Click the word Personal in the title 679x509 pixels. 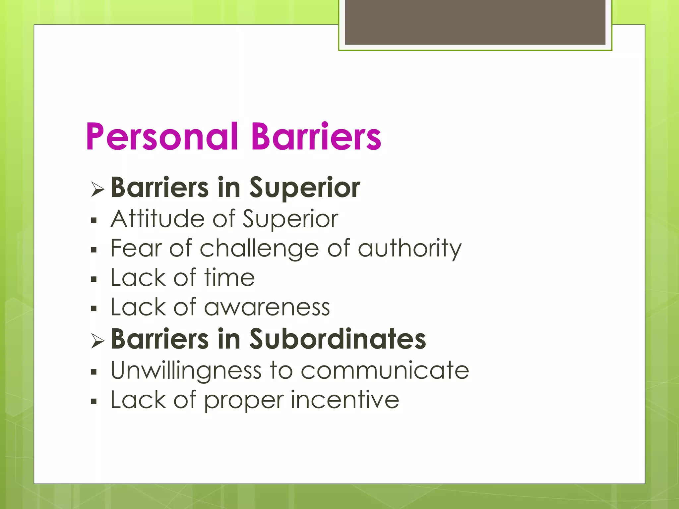[162, 137]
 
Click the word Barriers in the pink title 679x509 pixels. [316, 137]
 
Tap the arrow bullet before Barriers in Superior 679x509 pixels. [97, 190]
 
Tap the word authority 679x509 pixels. [410, 249]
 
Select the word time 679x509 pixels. [229, 278]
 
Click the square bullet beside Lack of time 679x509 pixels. [93, 279]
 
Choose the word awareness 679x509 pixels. [267, 308]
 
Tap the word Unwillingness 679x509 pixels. [186, 370]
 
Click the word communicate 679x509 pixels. [385, 370]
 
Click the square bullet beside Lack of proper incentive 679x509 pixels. [93, 402]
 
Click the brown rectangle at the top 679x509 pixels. [475, 22]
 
